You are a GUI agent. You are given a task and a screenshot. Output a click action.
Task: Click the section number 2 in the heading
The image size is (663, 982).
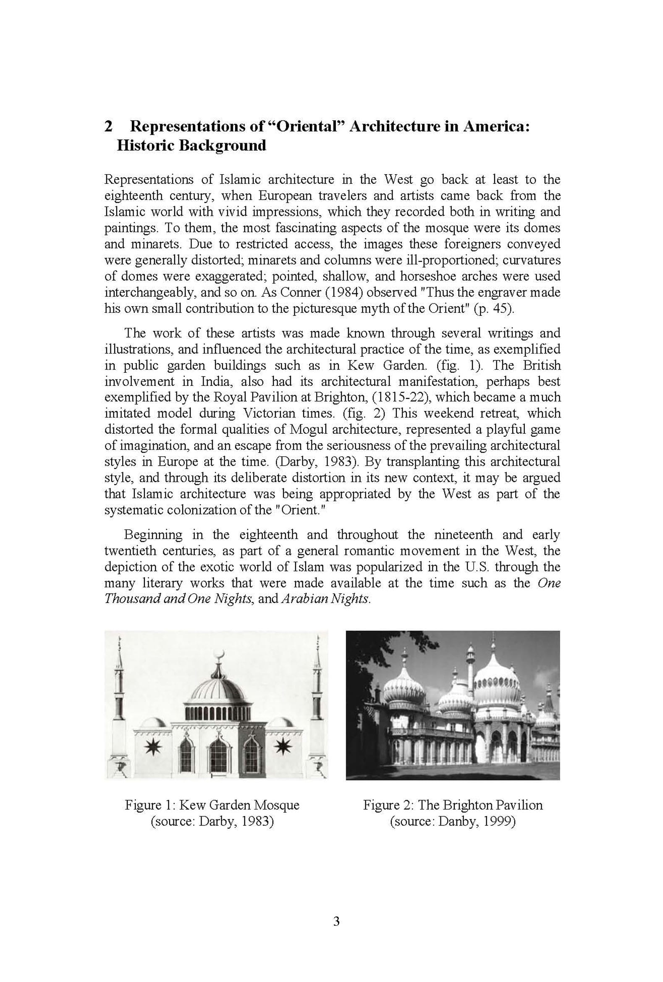pyautogui.click(x=109, y=126)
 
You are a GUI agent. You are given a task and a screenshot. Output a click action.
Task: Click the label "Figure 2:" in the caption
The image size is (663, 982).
pyautogui.click(x=388, y=805)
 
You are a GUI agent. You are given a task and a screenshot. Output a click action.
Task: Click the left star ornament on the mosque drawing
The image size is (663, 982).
pyautogui.click(x=152, y=748)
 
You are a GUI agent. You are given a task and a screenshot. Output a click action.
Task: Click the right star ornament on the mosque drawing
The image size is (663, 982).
pyautogui.click(x=282, y=748)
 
